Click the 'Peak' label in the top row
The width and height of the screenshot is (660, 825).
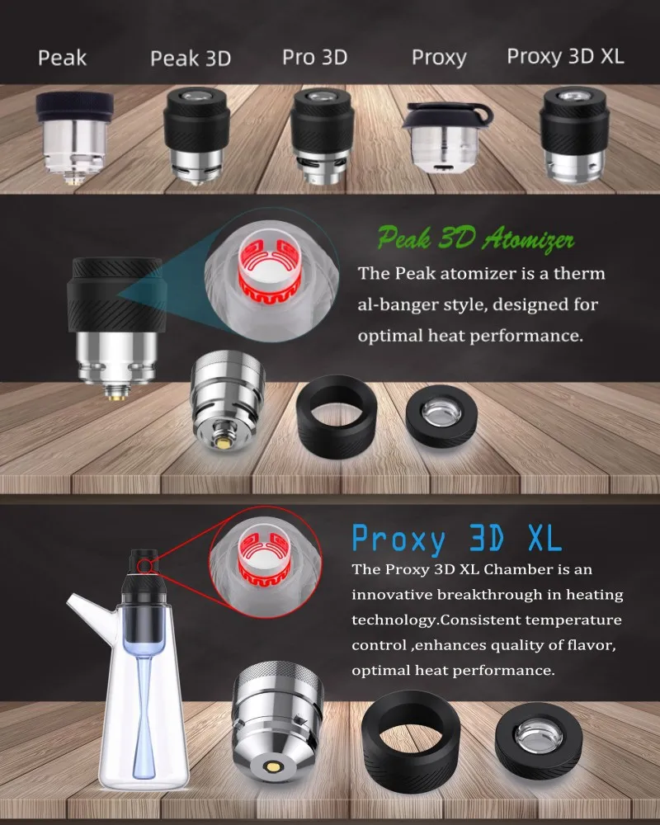tap(63, 58)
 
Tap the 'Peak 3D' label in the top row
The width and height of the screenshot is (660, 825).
tap(191, 59)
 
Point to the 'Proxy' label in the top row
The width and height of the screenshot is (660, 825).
tap(439, 58)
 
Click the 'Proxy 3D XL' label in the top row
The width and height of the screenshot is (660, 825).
tap(565, 57)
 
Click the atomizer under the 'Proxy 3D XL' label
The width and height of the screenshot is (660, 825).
tap(573, 134)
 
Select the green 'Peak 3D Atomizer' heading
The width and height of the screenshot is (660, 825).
tap(476, 239)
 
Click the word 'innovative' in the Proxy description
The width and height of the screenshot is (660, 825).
tap(392, 594)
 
